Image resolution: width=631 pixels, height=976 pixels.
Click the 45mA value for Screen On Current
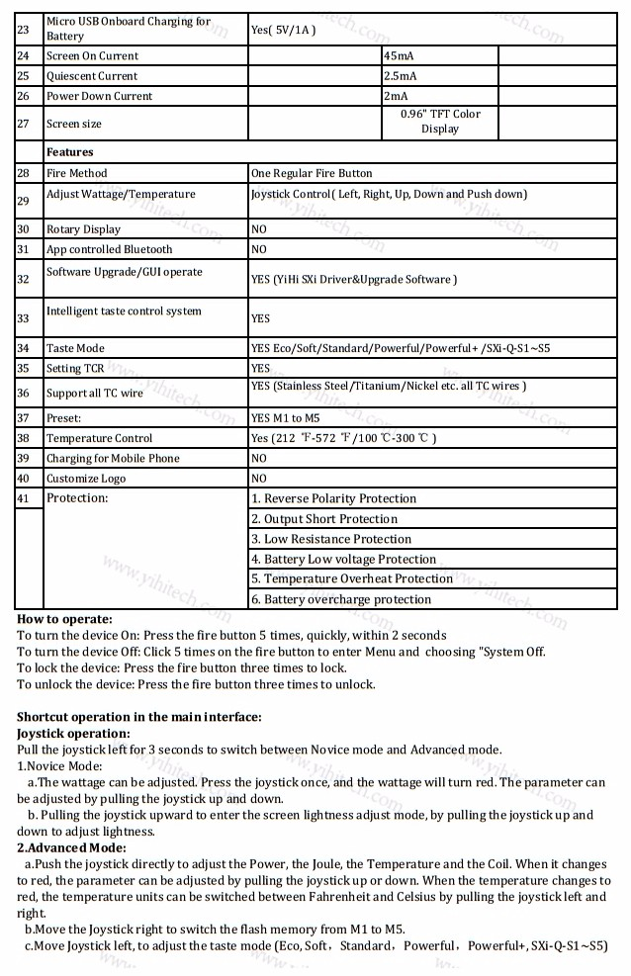399,56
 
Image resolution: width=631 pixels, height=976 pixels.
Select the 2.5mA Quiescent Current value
401,76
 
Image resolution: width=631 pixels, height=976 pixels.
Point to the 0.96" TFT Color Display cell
440,122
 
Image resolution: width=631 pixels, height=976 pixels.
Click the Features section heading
69,152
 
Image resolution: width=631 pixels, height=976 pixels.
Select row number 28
24,173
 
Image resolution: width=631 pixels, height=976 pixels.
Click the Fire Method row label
77,173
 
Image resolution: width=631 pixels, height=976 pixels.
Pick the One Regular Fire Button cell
312,173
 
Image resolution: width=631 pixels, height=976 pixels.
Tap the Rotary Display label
83,229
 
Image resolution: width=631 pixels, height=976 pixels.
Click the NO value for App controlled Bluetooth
259,249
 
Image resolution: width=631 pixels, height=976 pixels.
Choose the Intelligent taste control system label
124,311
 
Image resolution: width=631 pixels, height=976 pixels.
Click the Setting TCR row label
75,369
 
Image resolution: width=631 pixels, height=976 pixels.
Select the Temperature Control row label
100,438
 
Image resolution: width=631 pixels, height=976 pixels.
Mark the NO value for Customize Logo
259,479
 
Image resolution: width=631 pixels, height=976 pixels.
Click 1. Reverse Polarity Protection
333,498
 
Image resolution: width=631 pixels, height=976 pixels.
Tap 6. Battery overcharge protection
341,599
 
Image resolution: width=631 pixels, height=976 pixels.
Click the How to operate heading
65,619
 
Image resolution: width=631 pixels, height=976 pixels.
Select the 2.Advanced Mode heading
72,848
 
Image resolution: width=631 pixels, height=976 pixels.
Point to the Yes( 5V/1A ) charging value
283,30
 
